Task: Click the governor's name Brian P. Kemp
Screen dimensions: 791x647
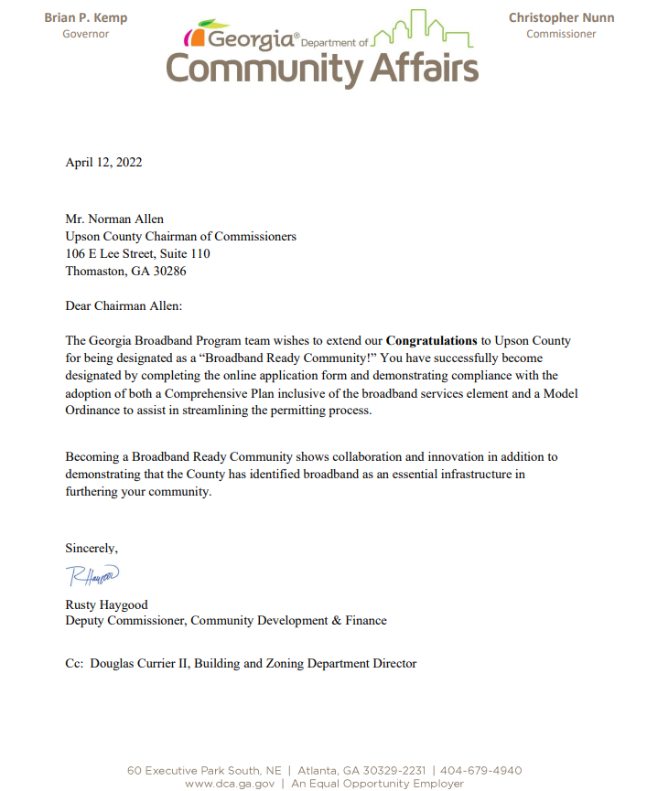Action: point(85,17)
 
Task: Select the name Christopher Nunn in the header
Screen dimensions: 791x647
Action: point(561,17)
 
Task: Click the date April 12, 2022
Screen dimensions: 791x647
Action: point(103,163)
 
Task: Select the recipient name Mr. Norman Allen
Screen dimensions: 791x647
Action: point(114,219)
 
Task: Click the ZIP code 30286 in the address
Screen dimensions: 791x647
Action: point(169,272)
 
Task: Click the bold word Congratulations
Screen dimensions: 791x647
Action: point(431,340)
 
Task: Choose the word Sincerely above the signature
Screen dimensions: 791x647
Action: point(92,548)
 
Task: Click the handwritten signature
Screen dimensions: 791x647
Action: point(92,576)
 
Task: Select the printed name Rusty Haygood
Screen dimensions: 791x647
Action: point(106,604)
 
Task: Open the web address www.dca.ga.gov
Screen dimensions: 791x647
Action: point(229,784)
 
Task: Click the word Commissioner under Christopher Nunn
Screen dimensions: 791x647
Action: point(561,34)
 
